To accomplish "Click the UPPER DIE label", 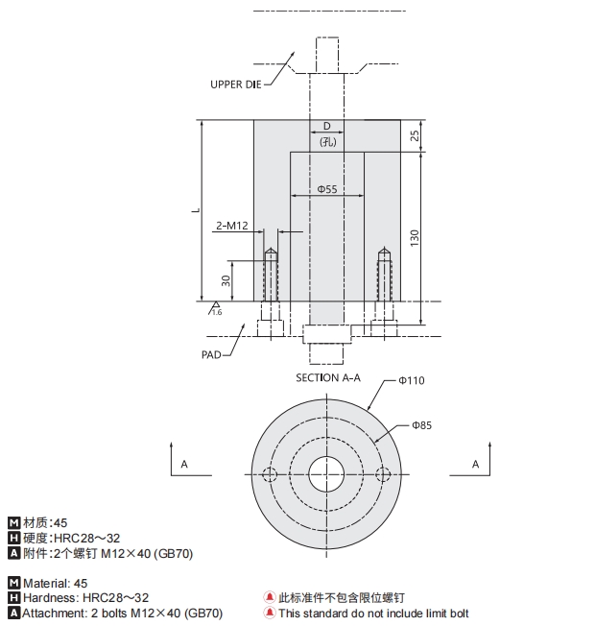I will coord(236,84).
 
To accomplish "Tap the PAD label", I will coord(211,354).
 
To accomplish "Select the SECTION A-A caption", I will coord(328,377).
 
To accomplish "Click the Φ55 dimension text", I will coord(327,189).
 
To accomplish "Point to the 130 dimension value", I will coord(415,236).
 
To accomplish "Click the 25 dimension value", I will coord(415,135).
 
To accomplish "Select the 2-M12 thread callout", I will coord(232,226).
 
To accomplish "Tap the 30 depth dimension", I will coord(226,280).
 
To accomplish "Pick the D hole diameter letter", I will coord(326,127).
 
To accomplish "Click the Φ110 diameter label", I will coord(412,381).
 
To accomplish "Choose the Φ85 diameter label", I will coord(421,424).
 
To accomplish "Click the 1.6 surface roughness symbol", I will coord(215,309).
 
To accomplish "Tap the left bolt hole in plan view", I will coord(270,475).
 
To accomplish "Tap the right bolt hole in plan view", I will coord(384,475).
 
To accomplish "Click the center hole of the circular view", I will coord(327,475).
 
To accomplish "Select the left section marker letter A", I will coord(183,464).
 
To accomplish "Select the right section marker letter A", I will coord(474,464).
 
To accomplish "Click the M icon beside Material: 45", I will coord(13,583).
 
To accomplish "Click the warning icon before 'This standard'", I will coord(270,614).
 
